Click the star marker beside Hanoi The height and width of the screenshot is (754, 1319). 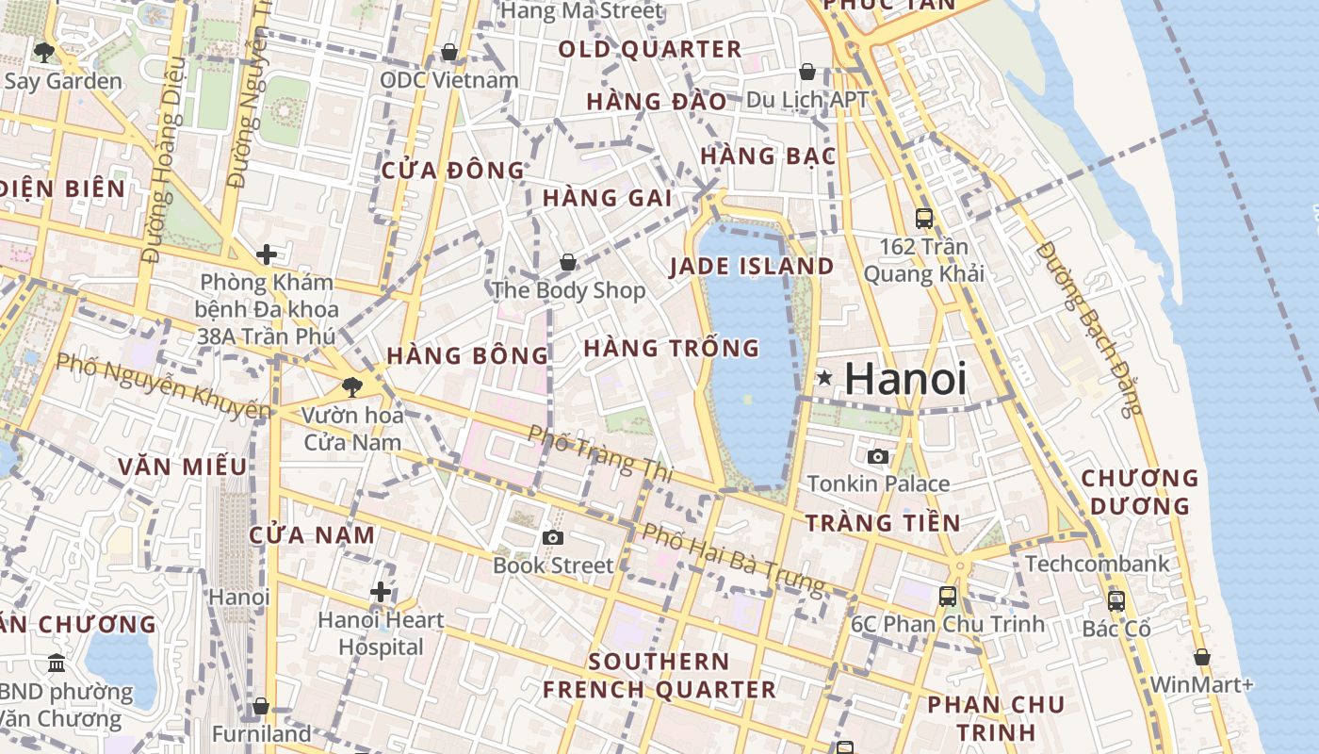[x=824, y=379]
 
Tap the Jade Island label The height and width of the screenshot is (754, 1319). [x=752, y=267]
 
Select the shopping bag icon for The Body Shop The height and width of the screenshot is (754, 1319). [x=567, y=262]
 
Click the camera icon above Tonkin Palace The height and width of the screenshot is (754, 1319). [x=878, y=457]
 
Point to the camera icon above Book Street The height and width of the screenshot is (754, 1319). [x=553, y=538]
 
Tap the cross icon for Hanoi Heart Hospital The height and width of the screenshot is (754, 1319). [x=381, y=592]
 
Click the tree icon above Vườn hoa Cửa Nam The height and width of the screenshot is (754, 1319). [x=351, y=386]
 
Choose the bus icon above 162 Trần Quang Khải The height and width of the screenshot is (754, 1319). [x=924, y=219]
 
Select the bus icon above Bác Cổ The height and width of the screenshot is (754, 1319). [x=1116, y=600]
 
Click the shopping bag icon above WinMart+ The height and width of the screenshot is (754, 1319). [x=1202, y=657]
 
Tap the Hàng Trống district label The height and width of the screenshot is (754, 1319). [x=671, y=349]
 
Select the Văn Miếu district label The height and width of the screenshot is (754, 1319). [x=183, y=467]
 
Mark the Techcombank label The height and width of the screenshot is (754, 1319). [x=1097, y=564]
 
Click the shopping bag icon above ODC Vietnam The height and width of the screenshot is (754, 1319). [x=449, y=52]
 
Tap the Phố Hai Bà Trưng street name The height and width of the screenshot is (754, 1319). [x=733, y=558]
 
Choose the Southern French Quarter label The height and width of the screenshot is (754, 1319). [x=659, y=676]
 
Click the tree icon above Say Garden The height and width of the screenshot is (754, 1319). [x=43, y=52]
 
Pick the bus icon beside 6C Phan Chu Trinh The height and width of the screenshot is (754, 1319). [x=947, y=597]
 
